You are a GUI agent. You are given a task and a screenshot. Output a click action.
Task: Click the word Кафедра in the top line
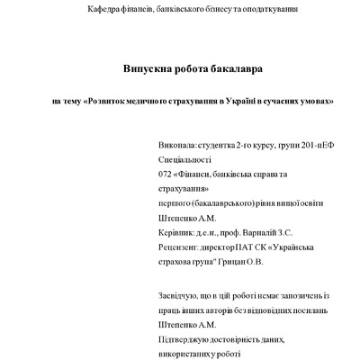[x=104, y=9]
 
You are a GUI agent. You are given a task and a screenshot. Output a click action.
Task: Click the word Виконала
[x=176, y=143]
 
